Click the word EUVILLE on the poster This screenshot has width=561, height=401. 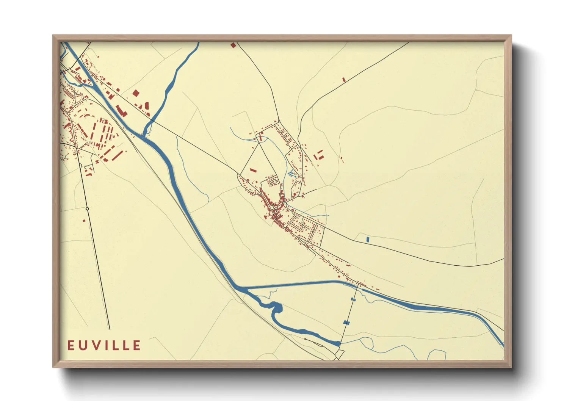(104, 345)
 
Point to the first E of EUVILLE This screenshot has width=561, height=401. (71, 345)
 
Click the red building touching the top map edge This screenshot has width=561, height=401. (233, 45)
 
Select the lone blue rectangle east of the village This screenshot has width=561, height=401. (368, 239)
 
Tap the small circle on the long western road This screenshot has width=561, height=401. (87, 209)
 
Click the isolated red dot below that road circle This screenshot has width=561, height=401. (84, 220)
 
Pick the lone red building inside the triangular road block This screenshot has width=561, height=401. (253, 170)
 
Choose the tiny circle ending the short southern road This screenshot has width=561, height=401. (305, 339)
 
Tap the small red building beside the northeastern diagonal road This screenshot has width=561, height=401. (344, 80)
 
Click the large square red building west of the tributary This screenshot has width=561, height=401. (136, 93)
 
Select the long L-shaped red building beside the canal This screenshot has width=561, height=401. (121, 110)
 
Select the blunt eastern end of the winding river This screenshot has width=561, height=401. (338, 343)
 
